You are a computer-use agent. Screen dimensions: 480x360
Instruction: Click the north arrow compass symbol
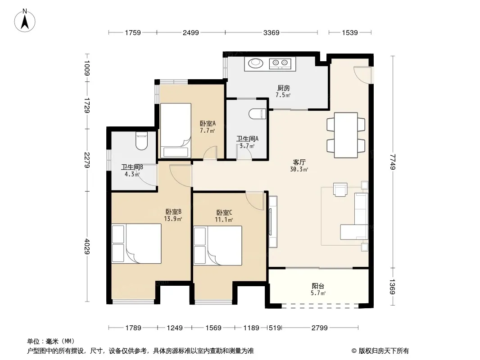tap(25, 20)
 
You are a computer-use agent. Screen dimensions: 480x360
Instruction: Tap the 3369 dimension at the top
tap(271, 32)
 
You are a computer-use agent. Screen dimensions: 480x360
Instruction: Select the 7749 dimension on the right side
tap(393, 162)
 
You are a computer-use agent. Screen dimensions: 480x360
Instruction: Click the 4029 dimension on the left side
tap(87, 246)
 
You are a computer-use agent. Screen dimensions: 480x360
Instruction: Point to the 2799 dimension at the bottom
tap(320, 328)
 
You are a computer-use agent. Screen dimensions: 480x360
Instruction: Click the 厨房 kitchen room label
tap(284, 88)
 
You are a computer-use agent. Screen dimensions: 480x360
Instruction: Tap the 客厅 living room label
tap(299, 162)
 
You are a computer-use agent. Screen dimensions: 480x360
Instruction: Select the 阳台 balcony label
tap(318, 286)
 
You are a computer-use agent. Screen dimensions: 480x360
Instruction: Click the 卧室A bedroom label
tap(208, 124)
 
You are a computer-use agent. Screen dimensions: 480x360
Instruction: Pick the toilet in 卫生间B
tap(141, 141)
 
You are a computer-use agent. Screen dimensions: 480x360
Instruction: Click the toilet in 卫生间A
tap(258, 114)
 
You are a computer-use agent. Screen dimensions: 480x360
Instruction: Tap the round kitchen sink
tap(256, 63)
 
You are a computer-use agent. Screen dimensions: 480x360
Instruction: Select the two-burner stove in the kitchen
tap(280, 63)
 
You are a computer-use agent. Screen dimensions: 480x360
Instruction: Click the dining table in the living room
tap(346, 135)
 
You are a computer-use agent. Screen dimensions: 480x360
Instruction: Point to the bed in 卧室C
tap(218, 245)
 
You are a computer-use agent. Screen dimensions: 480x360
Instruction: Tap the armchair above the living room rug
tap(340, 189)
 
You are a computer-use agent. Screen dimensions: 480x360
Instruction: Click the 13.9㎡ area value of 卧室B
tap(173, 219)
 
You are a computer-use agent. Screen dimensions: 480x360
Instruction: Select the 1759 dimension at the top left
tap(133, 32)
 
